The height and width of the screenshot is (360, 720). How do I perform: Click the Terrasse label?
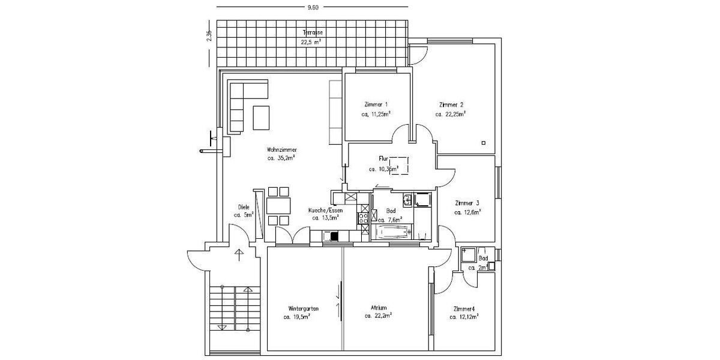point(312,32)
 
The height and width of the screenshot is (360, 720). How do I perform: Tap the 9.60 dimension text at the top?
point(312,8)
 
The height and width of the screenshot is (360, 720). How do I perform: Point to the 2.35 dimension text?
point(209,36)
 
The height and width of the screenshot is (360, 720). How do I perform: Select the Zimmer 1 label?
point(376,104)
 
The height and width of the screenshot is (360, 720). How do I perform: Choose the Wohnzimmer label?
point(282,150)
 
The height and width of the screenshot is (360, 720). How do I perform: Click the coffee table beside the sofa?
point(261,118)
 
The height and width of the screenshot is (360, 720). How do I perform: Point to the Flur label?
point(384,160)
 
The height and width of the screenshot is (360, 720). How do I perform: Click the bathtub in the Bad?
point(393,232)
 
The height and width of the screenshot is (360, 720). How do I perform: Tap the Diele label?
point(244,207)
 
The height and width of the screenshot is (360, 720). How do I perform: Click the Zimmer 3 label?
point(467,203)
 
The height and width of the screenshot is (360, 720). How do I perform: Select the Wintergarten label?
point(303,308)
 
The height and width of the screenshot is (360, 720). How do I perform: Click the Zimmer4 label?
point(465,308)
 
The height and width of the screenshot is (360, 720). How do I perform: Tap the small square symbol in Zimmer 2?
point(483,143)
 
